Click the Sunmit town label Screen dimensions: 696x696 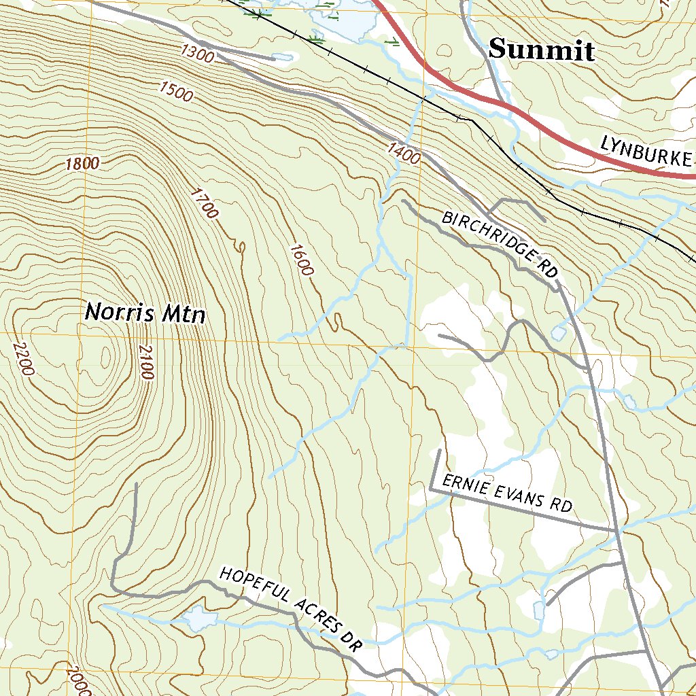[542, 50]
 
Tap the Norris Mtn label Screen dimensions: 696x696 [145, 313]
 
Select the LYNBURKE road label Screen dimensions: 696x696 [646, 152]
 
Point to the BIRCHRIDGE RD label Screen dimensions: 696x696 [500, 244]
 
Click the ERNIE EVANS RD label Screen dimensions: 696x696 [507, 493]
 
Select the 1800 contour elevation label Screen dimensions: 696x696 [83, 163]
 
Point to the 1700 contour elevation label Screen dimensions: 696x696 [204, 204]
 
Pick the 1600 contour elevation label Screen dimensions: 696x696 [300, 259]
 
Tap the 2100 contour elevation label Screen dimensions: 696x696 [145, 362]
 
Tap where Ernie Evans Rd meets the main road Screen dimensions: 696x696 [617, 529]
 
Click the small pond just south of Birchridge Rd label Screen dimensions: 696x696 [559, 334]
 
